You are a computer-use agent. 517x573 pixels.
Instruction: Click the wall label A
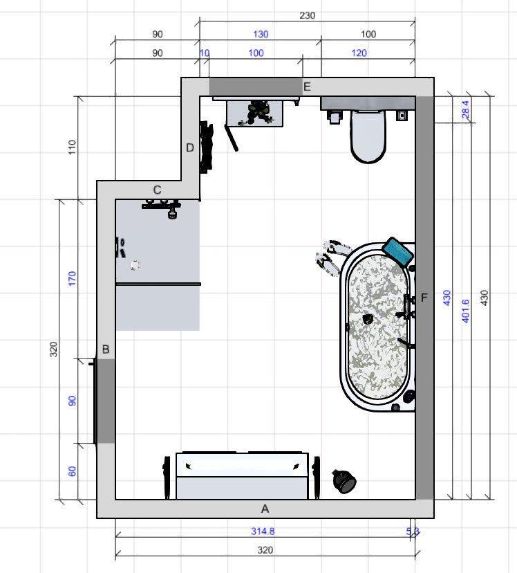click(265, 509)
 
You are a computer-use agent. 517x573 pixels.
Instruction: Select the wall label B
click(106, 349)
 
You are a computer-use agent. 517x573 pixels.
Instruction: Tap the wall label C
click(158, 190)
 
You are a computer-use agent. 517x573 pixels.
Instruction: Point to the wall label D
click(190, 147)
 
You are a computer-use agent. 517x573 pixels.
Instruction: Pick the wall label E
click(307, 87)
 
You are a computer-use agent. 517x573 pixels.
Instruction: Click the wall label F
click(424, 298)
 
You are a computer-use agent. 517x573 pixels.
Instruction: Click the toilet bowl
click(368, 136)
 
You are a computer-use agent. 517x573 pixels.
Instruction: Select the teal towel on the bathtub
click(397, 251)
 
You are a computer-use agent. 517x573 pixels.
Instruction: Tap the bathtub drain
click(368, 320)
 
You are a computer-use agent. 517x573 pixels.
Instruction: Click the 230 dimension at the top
click(307, 15)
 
